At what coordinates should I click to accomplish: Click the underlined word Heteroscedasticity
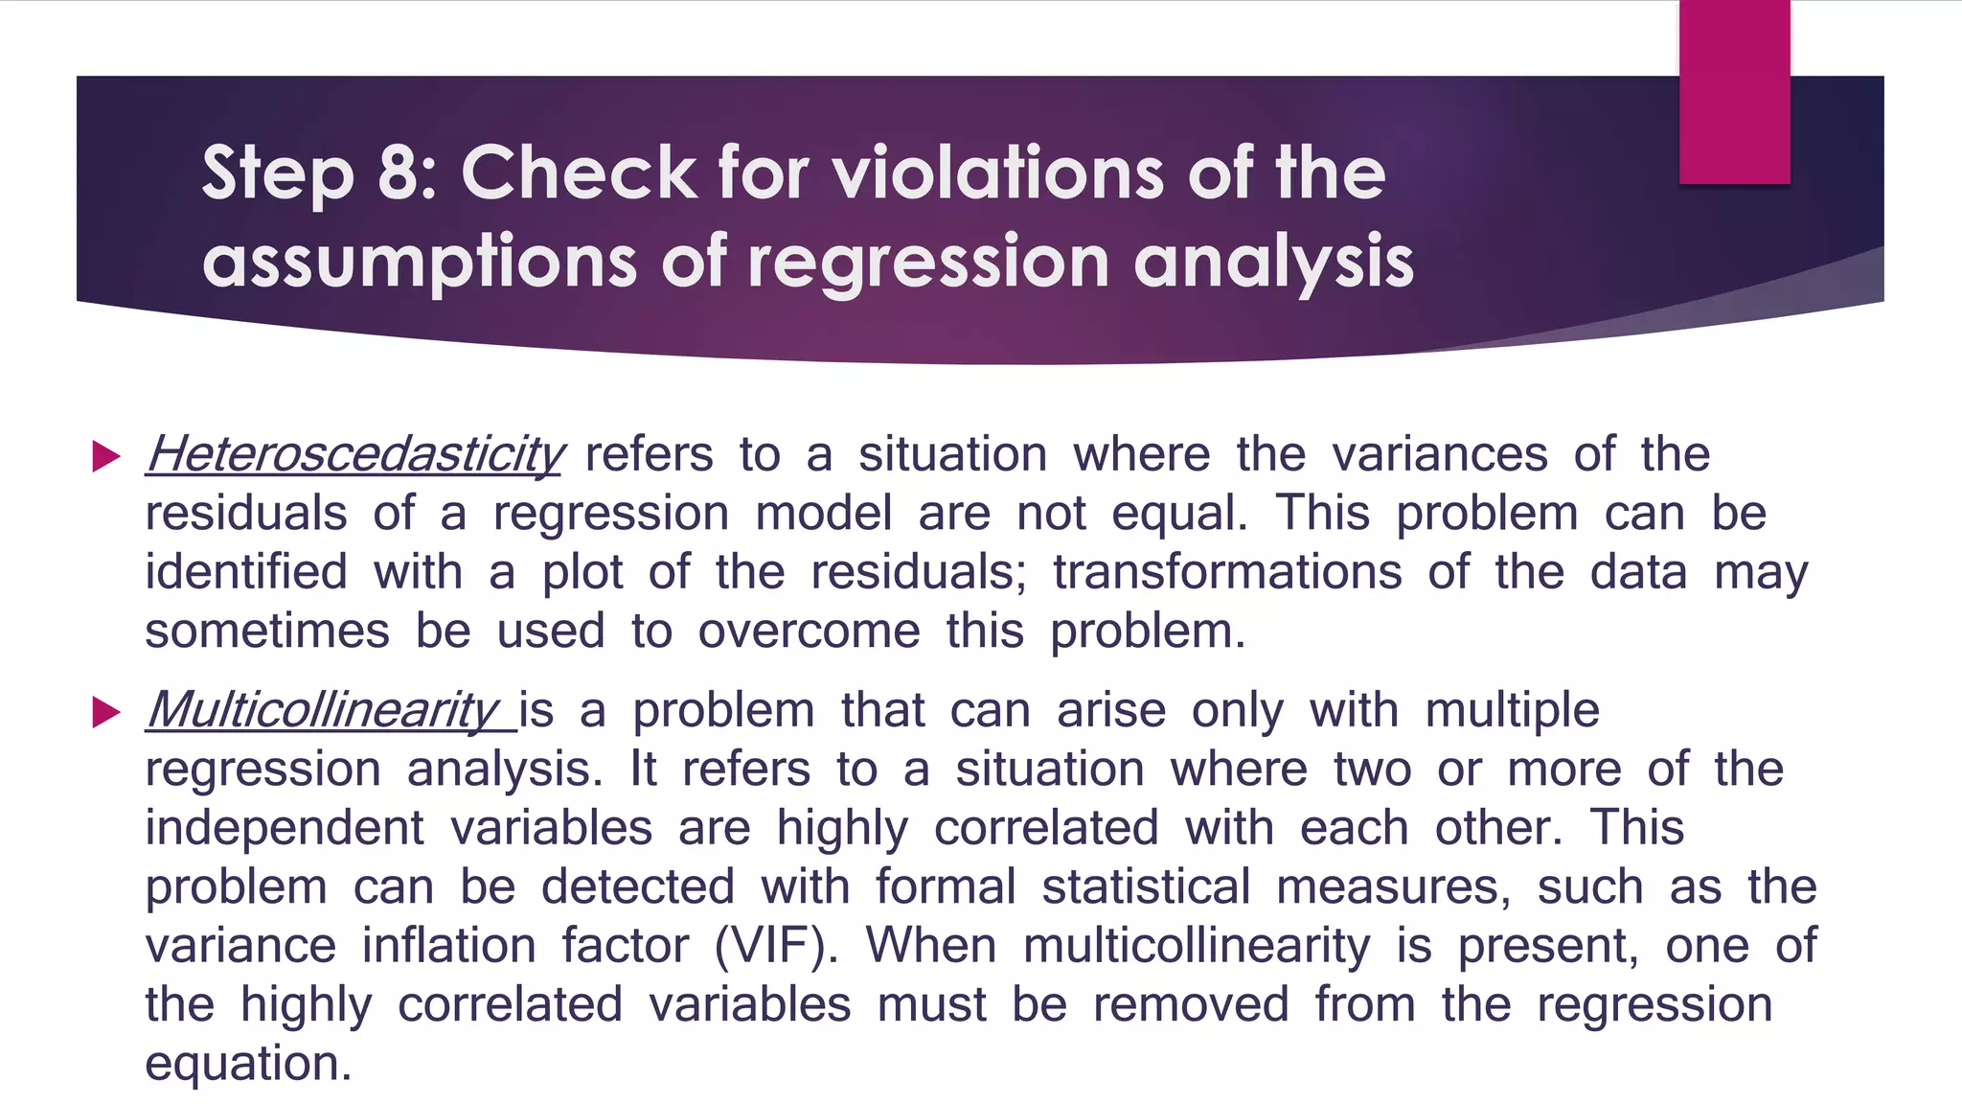pos(354,454)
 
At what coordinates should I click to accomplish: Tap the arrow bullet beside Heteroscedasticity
pos(105,456)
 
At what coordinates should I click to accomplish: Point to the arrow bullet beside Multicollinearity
pos(105,712)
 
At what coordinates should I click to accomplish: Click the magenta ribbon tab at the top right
pos(1734,92)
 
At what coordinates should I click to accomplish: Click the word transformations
pos(1227,572)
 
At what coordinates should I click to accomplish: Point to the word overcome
pos(809,632)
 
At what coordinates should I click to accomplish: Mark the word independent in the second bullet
pos(285,828)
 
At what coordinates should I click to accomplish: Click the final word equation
pos(248,1064)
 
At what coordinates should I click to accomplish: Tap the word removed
pos(1191,1005)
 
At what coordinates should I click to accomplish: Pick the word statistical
pos(1146,886)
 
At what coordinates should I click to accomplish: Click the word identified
pos(246,572)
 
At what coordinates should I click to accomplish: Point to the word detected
pos(638,886)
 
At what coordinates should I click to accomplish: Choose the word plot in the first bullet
pos(582,572)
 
